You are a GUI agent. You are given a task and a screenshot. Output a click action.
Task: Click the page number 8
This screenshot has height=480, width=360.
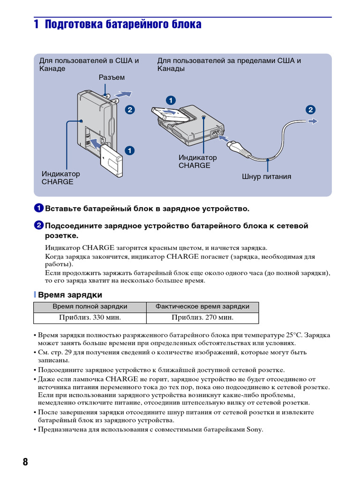click(25, 462)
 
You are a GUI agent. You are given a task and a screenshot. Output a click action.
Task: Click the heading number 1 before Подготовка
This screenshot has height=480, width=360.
click(36, 24)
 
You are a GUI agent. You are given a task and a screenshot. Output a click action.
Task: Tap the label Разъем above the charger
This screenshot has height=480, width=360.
click(112, 77)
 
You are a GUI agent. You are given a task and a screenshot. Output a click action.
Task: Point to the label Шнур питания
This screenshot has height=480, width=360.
click(267, 177)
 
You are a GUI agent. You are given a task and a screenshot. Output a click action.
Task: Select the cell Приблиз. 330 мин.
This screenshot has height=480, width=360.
click(90, 317)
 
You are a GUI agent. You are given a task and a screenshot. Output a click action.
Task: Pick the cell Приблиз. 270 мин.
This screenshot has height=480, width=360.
click(202, 317)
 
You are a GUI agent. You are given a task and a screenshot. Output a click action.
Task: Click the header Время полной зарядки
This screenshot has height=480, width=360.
click(90, 307)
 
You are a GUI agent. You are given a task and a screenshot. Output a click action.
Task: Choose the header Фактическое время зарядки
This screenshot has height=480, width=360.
click(202, 307)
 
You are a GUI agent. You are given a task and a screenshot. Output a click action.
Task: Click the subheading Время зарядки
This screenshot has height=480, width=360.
click(70, 295)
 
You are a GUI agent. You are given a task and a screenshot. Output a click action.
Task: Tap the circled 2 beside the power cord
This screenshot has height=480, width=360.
click(310, 110)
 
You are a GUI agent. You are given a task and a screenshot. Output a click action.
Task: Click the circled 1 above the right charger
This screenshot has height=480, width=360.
click(171, 100)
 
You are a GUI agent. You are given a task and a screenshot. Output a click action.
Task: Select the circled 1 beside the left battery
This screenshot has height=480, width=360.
click(129, 150)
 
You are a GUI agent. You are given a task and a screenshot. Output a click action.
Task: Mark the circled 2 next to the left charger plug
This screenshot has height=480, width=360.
click(129, 110)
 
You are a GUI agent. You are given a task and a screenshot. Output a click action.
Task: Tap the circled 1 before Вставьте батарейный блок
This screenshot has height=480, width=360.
click(39, 208)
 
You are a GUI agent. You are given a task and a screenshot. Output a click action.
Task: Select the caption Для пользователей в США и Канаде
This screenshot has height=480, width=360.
click(89, 65)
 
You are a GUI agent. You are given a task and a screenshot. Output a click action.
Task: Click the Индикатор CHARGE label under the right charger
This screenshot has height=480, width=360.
click(197, 162)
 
